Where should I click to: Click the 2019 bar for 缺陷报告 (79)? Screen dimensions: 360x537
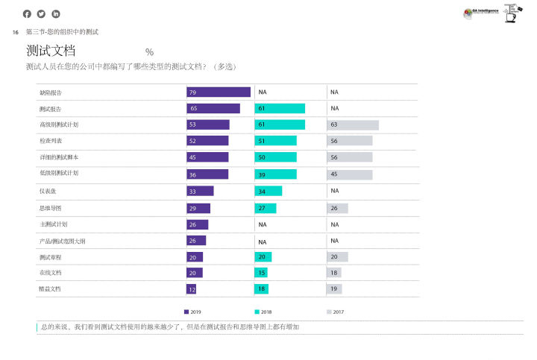(219, 92)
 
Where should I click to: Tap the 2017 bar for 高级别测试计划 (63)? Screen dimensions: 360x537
(353, 124)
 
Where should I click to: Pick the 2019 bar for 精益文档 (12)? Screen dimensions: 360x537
(192, 289)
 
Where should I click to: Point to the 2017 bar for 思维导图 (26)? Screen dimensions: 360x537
(338, 208)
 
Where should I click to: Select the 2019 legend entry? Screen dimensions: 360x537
(192, 312)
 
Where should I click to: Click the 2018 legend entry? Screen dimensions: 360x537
(263, 312)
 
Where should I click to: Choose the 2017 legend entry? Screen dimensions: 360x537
(335, 312)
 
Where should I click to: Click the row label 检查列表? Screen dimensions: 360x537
(51, 141)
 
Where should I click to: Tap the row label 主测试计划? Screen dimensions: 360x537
(54, 224)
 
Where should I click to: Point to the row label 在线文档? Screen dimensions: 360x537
(51, 273)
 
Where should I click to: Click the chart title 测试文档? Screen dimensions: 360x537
(51, 51)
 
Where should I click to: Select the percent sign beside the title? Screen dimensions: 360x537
(150, 52)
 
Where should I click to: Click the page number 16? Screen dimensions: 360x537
(15, 32)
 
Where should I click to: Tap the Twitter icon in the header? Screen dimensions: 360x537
(41, 13)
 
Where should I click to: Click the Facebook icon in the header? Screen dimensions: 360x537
(27, 13)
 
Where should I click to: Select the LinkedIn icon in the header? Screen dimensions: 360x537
(56, 13)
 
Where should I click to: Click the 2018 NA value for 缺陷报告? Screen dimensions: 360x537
(263, 92)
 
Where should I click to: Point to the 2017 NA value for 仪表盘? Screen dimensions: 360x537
(335, 191)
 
